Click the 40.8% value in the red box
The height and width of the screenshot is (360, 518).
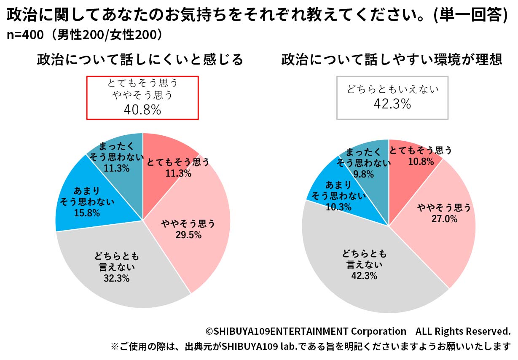point(142,110)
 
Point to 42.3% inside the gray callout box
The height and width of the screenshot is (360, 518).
point(392,104)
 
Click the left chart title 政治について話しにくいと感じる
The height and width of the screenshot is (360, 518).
point(140,60)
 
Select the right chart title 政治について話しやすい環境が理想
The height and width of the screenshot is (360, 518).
point(392,60)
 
